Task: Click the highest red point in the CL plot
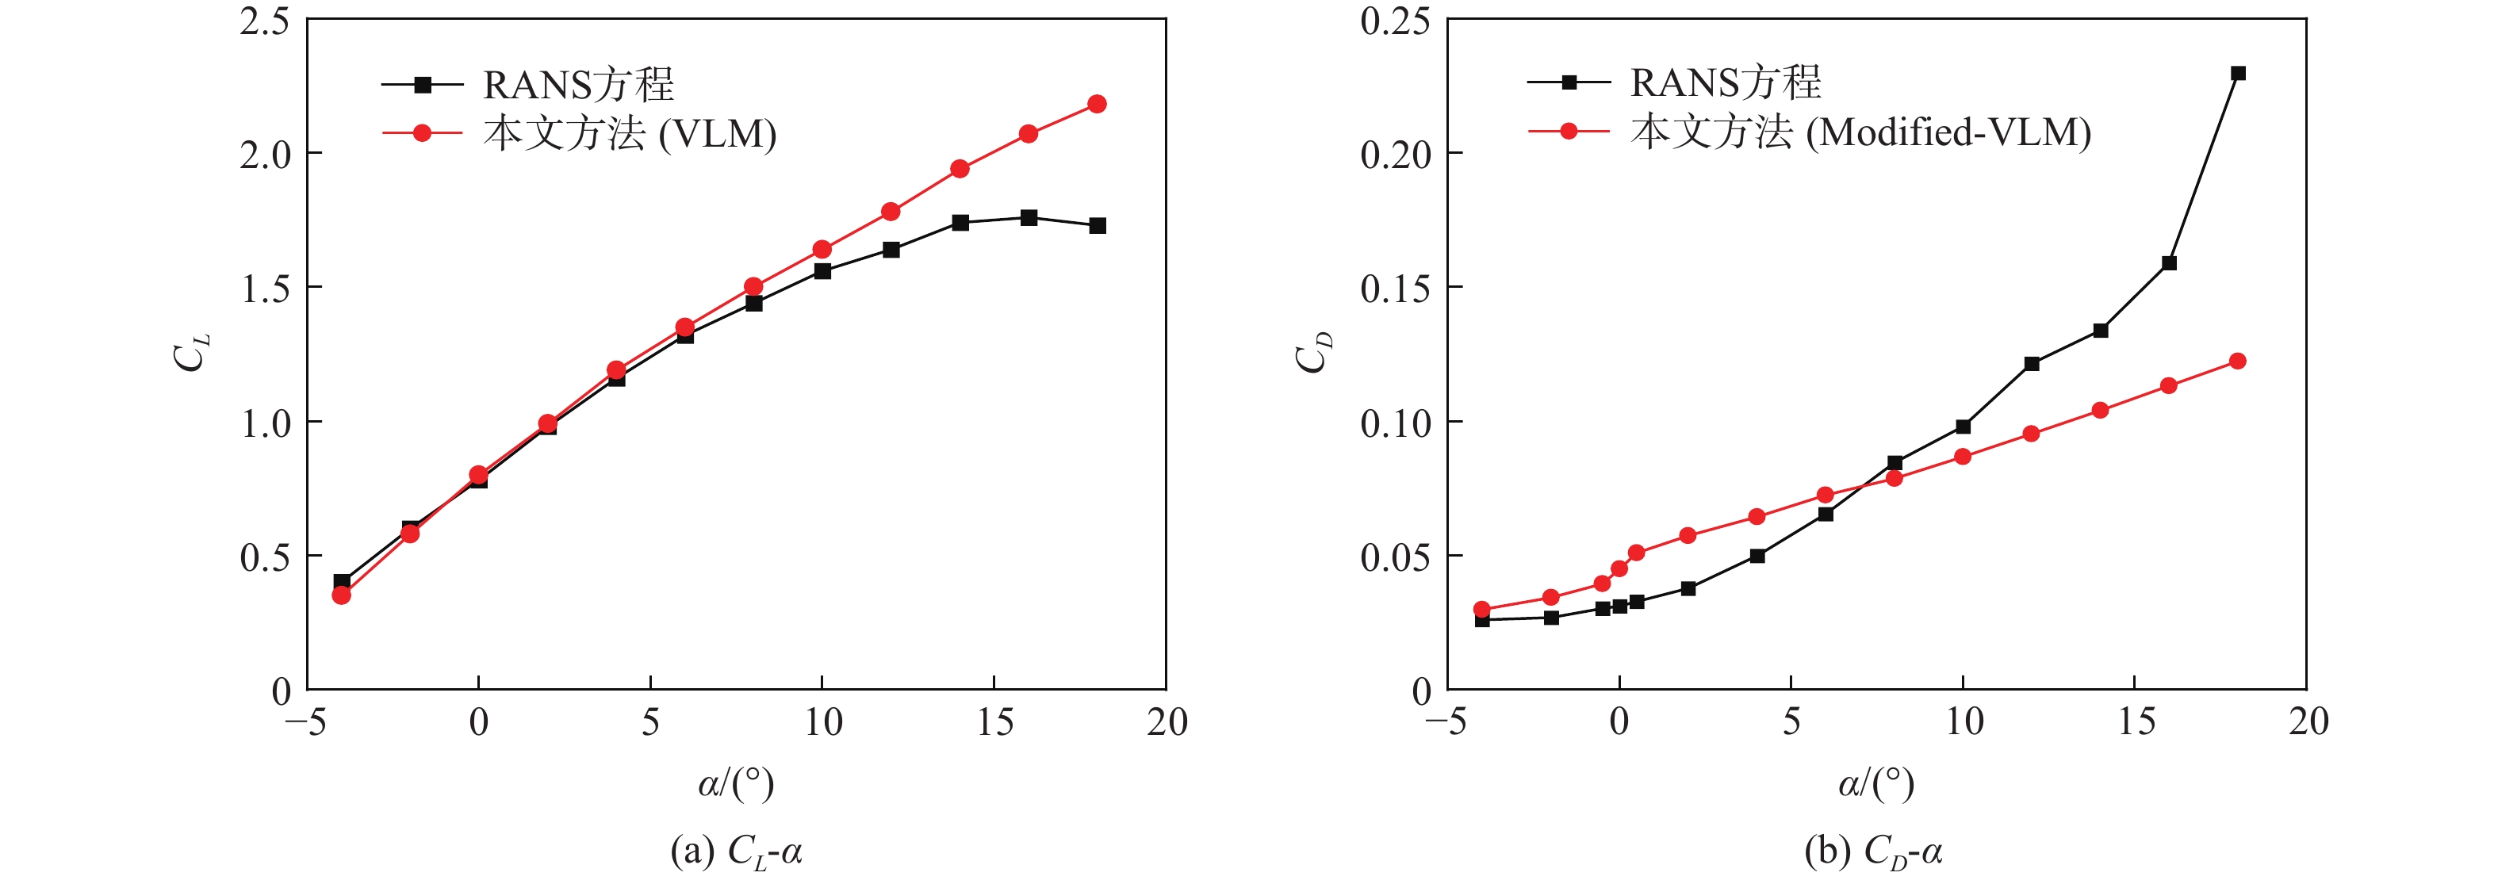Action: click(1097, 104)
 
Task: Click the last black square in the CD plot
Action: click(2238, 74)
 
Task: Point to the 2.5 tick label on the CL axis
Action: click(264, 21)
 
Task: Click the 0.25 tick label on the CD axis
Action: click(1394, 21)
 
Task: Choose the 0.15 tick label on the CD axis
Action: click(1394, 288)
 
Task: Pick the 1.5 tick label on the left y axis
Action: click(264, 288)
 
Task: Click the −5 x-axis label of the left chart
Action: click(305, 722)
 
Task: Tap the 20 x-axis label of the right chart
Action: click(2308, 722)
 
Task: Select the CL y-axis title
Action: click(191, 353)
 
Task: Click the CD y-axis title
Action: click(1314, 353)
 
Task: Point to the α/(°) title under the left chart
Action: click(736, 783)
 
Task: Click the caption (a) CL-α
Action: click(736, 853)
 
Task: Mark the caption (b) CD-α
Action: click(1873, 853)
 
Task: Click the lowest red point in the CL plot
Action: click(341, 595)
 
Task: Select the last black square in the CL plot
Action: click(1097, 226)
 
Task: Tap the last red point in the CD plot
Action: click(2238, 362)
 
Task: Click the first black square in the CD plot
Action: click(1481, 620)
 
